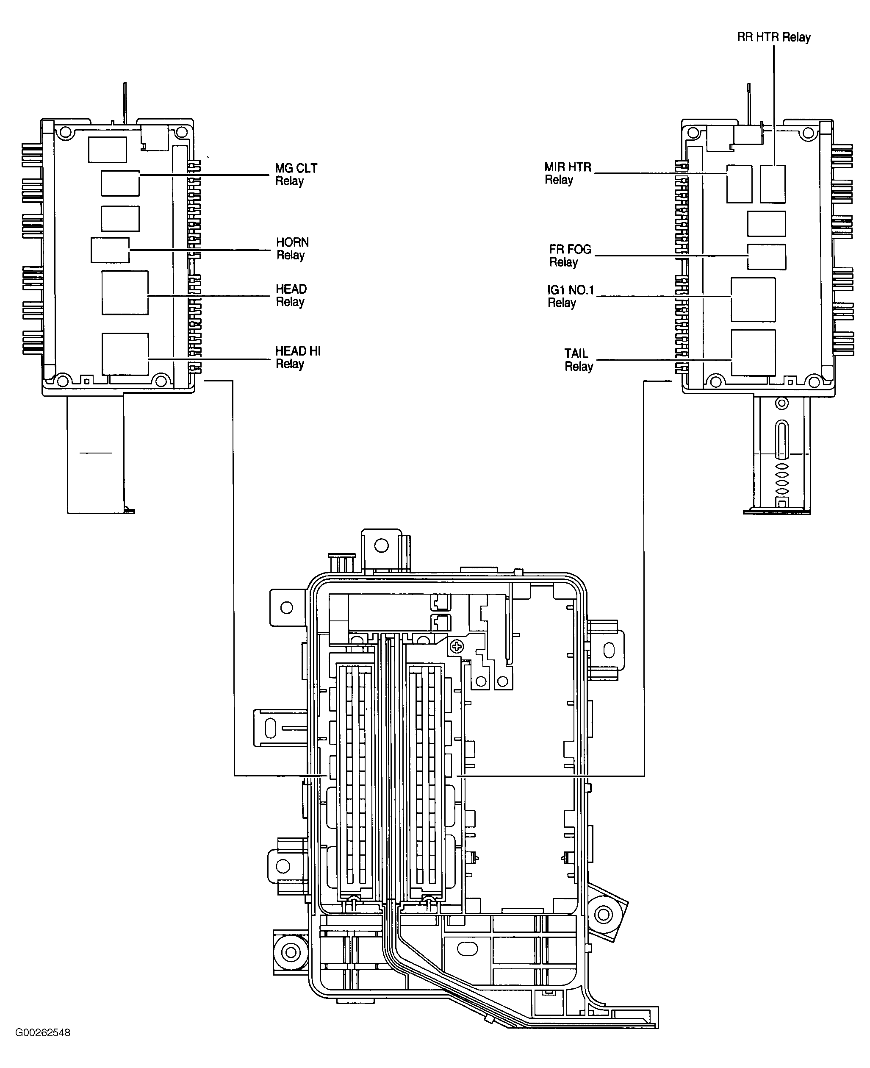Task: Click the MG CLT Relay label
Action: coord(296,175)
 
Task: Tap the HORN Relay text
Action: coord(292,249)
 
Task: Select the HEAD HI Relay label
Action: coord(298,358)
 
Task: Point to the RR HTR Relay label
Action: coord(773,37)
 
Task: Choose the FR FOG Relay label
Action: coord(570,256)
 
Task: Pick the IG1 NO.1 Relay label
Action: coord(570,296)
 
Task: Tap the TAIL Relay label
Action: coord(578,360)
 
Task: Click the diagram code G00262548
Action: coord(43,1032)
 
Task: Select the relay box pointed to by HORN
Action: coord(110,250)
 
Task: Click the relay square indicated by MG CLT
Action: coord(120,183)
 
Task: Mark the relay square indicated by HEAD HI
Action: coord(125,354)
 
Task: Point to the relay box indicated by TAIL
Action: coord(753,353)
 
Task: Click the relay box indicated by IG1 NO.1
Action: coord(753,299)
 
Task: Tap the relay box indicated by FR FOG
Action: coord(766,257)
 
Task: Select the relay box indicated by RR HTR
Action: coord(772,184)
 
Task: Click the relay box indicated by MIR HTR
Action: coord(739,184)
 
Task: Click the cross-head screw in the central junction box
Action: coord(457,647)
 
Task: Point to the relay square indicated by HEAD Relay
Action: coord(125,293)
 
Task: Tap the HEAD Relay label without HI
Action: coord(291,295)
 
